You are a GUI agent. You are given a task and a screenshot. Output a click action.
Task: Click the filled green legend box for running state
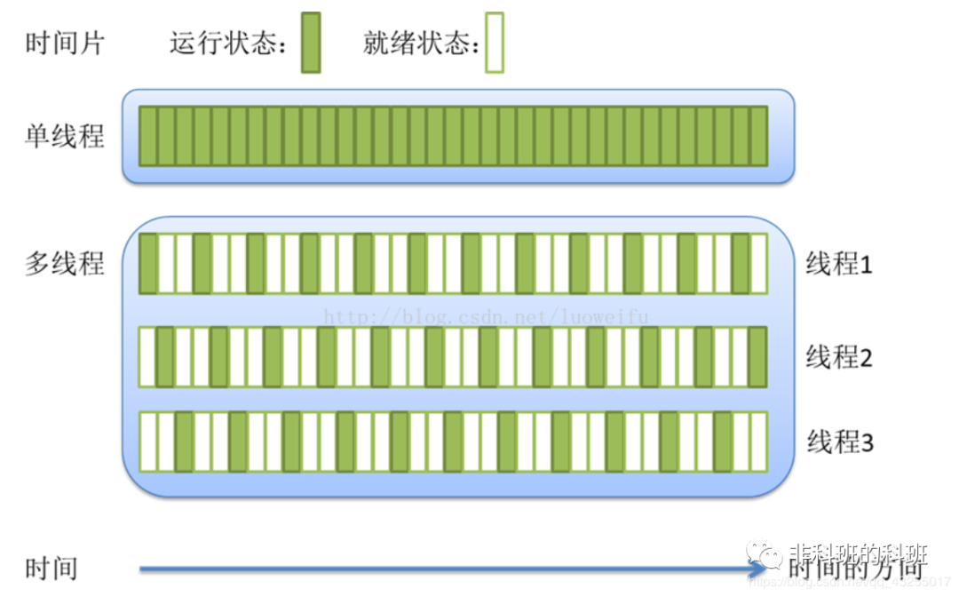(x=310, y=42)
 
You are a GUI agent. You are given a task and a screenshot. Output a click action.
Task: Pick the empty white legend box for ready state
(x=494, y=42)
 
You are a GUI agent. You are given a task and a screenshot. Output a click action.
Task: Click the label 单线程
(x=65, y=136)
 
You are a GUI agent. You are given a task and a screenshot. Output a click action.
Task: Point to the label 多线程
(x=65, y=264)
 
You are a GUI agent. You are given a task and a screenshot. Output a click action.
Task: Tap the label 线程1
(x=839, y=264)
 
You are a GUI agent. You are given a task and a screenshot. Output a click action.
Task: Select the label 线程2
(x=839, y=357)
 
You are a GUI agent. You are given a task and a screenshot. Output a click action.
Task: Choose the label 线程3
(x=839, y=442)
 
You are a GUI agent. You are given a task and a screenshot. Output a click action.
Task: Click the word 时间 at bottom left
(x=52, y=569)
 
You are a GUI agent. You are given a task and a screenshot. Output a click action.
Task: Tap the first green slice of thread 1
(x=148, y=263)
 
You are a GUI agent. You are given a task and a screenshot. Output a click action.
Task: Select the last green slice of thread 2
(x=757, y=357)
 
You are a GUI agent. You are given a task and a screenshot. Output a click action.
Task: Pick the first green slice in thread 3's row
(x=184, y=442)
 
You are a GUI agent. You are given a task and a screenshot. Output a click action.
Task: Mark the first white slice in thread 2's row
(x=147, y=357)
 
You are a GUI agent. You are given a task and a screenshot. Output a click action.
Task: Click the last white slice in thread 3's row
(x=757, y=442)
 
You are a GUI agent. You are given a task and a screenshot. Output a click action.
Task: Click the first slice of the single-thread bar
(x=148, y=136)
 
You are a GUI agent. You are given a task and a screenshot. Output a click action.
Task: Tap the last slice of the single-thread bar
(x=757, y=136)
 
